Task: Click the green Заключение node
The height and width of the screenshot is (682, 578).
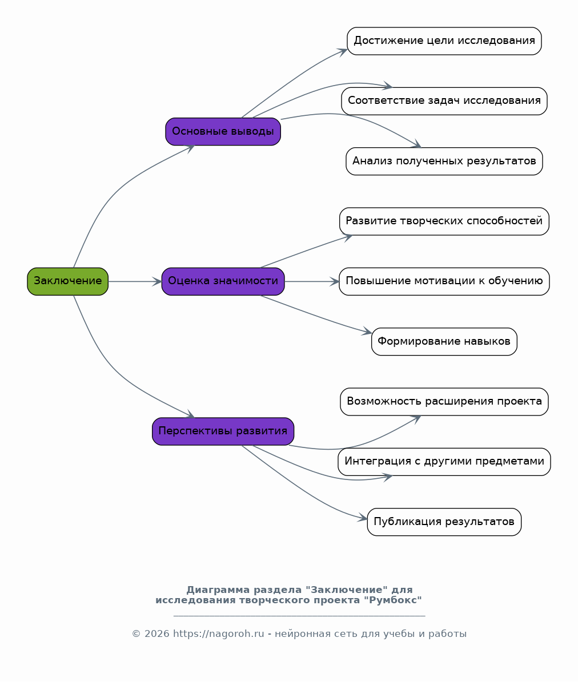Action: pos(67,281)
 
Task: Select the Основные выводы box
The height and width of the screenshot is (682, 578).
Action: pos(223,131)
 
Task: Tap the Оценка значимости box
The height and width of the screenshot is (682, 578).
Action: pos(223,281)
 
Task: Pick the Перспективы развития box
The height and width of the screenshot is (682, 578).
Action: pos(223,431)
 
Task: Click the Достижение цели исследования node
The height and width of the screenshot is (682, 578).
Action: pos(444,41)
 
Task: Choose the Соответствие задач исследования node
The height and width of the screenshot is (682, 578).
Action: pos(444,101)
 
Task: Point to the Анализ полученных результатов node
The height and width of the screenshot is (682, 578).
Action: pos(444,162)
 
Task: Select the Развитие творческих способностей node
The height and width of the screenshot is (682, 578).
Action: pos(444,221)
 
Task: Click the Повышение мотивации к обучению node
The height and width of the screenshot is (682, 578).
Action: pos(444,281)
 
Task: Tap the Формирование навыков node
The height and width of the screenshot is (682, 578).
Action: pos(444,341)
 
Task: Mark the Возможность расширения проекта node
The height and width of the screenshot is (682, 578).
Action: pos(444,401)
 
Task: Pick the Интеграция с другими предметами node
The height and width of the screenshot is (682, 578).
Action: pos(444,462)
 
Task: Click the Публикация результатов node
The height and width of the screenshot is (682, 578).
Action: pos(444,522)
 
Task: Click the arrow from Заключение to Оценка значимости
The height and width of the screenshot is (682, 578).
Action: pos(135,281)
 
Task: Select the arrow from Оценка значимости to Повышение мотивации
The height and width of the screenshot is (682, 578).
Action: pos(312,281)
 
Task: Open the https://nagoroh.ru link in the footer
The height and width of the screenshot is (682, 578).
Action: pos(219,633)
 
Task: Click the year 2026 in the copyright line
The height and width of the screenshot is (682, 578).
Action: pos(156,633)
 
